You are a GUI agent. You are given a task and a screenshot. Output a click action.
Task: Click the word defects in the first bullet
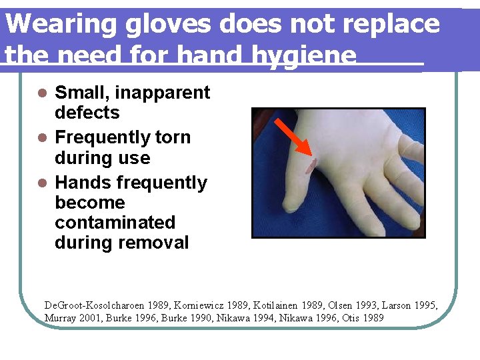point(87,113)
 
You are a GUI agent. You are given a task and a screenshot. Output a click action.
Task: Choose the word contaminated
point(115,223)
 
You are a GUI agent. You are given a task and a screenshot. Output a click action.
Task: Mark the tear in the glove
point(310,164)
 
